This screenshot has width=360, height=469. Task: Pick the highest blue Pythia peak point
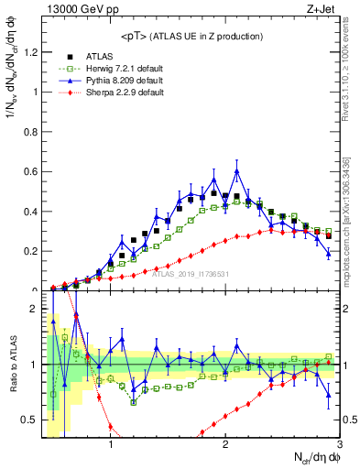[237, 171]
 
